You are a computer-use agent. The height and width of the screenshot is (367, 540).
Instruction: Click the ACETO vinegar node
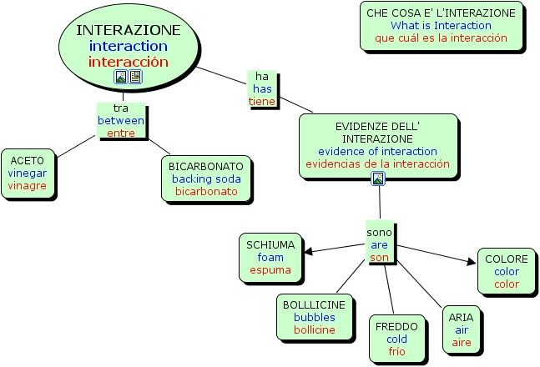pyautogui.click(x=28, y=173)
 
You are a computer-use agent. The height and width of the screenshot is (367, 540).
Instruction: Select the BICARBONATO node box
pyautogui.click(x=205, y=178)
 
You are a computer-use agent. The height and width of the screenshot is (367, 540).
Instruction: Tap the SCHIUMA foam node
pyautogui.click(x=270, y=257)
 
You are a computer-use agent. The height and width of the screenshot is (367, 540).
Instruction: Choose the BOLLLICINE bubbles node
pyautogui.click(x=314, y=317)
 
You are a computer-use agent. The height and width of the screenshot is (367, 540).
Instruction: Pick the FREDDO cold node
pyautogui.click(x=396, y=339)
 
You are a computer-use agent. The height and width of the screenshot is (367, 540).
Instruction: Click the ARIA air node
pyautogui.click(x=461, y=329)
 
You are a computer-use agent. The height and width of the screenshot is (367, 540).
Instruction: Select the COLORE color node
pyautogui.click(x=506, y=271)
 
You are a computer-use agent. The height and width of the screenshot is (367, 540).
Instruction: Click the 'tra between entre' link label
pyautogui.click(x=121, y=121)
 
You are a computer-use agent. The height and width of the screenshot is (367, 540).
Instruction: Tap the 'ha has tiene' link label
pyautogui.click(x=261, y=88)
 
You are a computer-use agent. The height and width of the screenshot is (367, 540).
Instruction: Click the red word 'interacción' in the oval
pyautogui.click(x=128, y=62)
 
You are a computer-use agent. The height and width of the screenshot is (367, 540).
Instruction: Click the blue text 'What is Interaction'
pyautogui.click(x=441, y=26)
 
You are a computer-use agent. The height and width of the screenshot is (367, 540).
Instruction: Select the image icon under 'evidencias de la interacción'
pyautogui.click(x=378, y=178)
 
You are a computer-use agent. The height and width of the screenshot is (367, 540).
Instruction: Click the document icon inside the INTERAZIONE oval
pyautogui.click(x=135, y=77)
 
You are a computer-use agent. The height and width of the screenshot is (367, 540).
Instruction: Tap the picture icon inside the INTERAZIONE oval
pyautogui.click(x=121, y=77)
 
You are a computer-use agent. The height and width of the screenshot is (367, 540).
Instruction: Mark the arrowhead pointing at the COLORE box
pyautogui.click(x=470, y=262)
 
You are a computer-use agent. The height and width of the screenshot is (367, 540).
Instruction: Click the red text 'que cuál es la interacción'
pyautogui.click(x=441, y=38)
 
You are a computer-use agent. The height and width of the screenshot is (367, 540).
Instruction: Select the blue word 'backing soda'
pyautogui.click(x=206, y=178)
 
